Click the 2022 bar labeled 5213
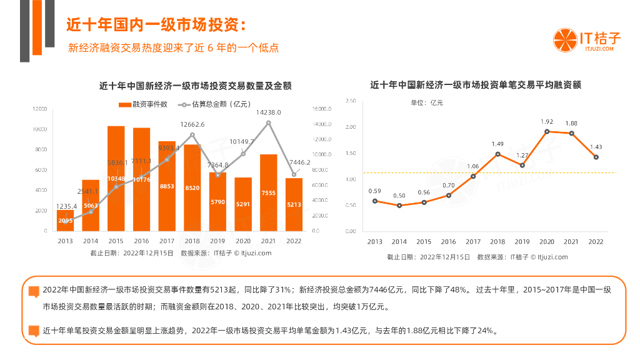point(294,204)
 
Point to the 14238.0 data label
point(268,112)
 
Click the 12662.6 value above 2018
point(192,124)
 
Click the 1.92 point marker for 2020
point(547,131)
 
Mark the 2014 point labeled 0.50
point(399,206)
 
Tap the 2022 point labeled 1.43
point(596,157)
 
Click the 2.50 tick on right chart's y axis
point(351,101)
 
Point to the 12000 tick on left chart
point(39,109)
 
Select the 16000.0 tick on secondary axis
point(321,109)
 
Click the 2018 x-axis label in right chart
point(497,242)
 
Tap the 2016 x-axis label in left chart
point(141,241)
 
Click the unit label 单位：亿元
point(426,103)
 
